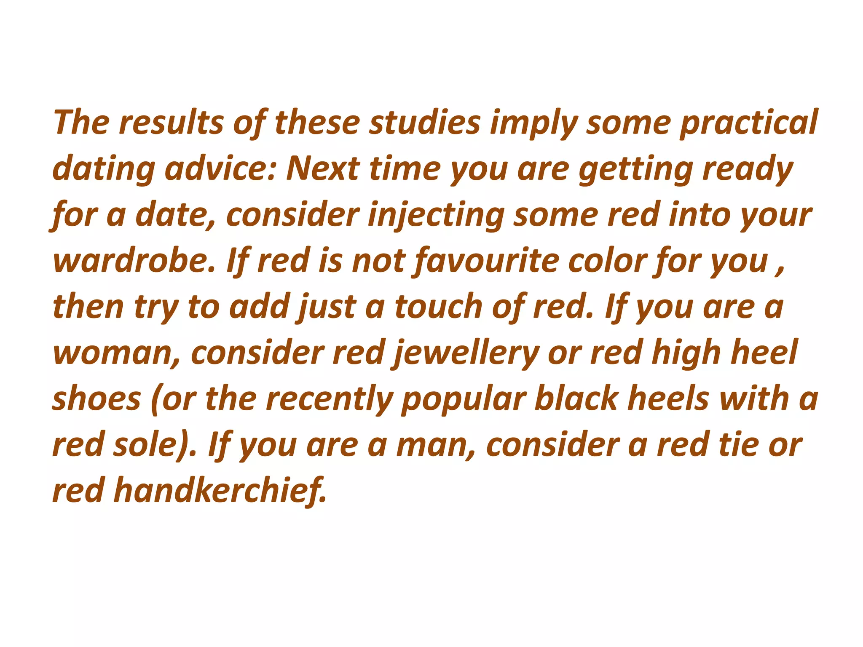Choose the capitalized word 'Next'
(x=323, y=168)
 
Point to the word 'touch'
(x=439, y=307)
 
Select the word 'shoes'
(x=96, y=399)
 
